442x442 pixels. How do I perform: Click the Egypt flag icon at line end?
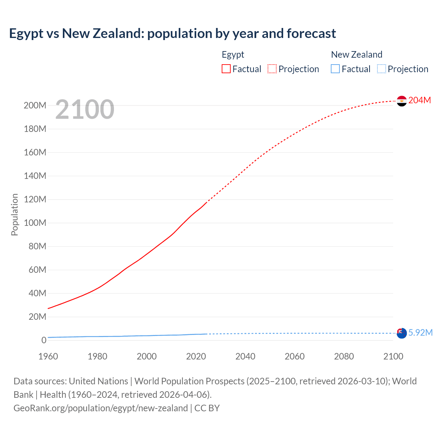(402, 101)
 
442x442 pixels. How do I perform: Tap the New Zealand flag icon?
(402, 333)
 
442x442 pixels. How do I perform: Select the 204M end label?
(420, 100)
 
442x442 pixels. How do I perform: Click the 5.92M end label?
(420, 333)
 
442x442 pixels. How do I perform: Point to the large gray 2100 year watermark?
(85, 109)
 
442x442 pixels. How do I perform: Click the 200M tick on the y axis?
(35, 105)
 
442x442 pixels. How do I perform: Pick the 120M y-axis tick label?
(35, 199)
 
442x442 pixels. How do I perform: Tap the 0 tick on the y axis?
(44, 340)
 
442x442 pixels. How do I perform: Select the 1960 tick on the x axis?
(48, 356)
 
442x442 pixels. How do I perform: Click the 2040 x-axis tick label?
(245, 356)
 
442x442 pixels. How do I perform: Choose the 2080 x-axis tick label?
(344, 356)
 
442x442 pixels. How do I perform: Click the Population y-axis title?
(15, 214)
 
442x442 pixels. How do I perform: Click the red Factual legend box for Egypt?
(226, 69)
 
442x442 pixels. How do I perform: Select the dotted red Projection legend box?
(272, 69)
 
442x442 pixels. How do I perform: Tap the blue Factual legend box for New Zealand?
(335, 69)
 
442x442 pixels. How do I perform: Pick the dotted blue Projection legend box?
(382, 69)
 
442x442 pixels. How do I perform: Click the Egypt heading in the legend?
(233, 55)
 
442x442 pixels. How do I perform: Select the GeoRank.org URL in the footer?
(100, 408)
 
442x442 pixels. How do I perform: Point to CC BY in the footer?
(207, 408)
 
